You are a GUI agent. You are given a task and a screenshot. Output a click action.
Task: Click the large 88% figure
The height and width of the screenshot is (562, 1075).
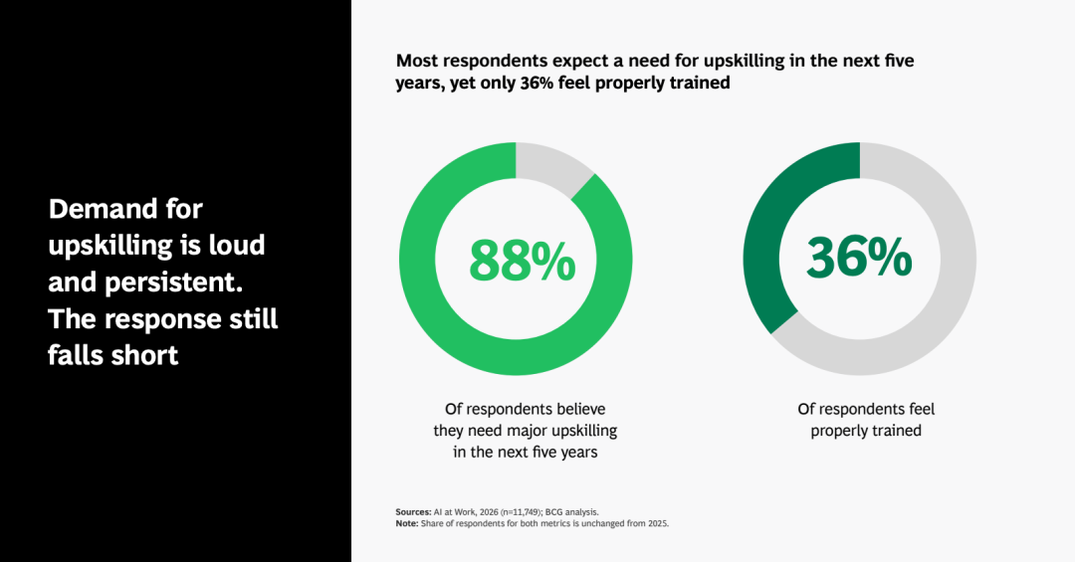(x=523, y=261)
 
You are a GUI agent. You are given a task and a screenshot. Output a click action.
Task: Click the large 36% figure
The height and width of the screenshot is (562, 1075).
(x=859, y=258)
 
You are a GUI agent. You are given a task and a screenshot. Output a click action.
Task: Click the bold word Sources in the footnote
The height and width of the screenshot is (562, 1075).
(x=413, y=512)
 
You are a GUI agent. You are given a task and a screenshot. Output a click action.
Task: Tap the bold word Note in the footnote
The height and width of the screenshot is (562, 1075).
(x=406, y=523)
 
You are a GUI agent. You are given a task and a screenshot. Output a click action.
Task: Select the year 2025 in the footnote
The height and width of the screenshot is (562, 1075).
(x=658, y=523)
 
